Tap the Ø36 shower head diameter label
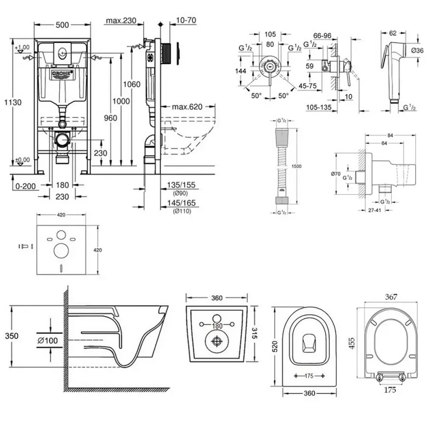(x=417, y=50)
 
